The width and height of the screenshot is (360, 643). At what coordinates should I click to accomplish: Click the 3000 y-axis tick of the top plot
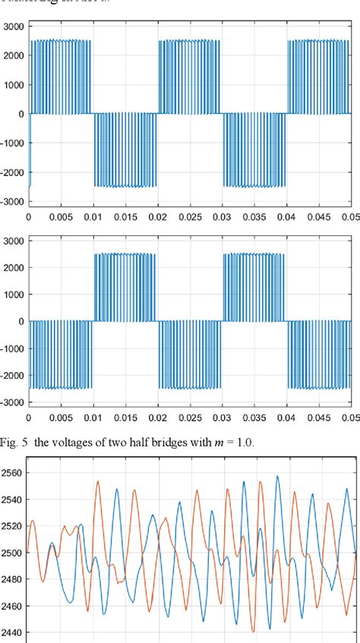13,27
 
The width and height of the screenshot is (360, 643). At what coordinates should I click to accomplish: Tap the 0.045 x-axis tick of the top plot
319,216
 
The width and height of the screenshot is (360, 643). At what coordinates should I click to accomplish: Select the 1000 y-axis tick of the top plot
13,85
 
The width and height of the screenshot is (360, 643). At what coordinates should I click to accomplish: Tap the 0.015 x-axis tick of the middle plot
125,416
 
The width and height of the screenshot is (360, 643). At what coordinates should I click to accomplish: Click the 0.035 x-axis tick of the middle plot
254,416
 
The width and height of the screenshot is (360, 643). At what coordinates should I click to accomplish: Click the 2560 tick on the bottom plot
13,473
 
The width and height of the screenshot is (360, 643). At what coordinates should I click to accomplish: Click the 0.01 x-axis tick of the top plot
93,216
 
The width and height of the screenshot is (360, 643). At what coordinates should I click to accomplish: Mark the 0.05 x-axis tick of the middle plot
351,416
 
